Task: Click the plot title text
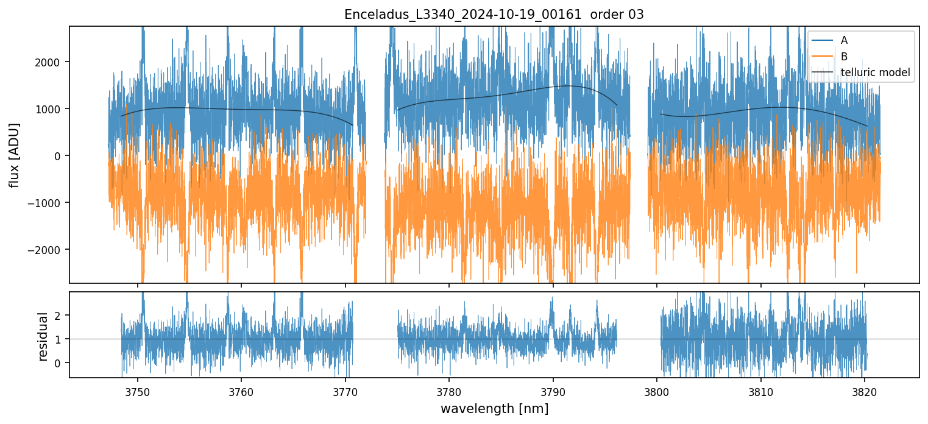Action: [494, 15]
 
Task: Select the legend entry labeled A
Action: [844, 40]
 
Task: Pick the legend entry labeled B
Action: [844, 57]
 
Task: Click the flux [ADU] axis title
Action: [14, 155]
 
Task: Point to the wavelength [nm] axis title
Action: [494, 408]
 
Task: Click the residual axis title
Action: [43, 336]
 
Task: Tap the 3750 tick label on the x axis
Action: [138, 390]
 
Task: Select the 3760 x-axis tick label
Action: [241, 390]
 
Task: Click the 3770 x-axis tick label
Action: [345, 390]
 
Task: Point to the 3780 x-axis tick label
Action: [449, 390]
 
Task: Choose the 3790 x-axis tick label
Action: [553, 390]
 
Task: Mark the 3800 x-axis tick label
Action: [657, 390]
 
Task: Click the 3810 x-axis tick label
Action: [761, 390]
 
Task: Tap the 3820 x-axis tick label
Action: [865, 390]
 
